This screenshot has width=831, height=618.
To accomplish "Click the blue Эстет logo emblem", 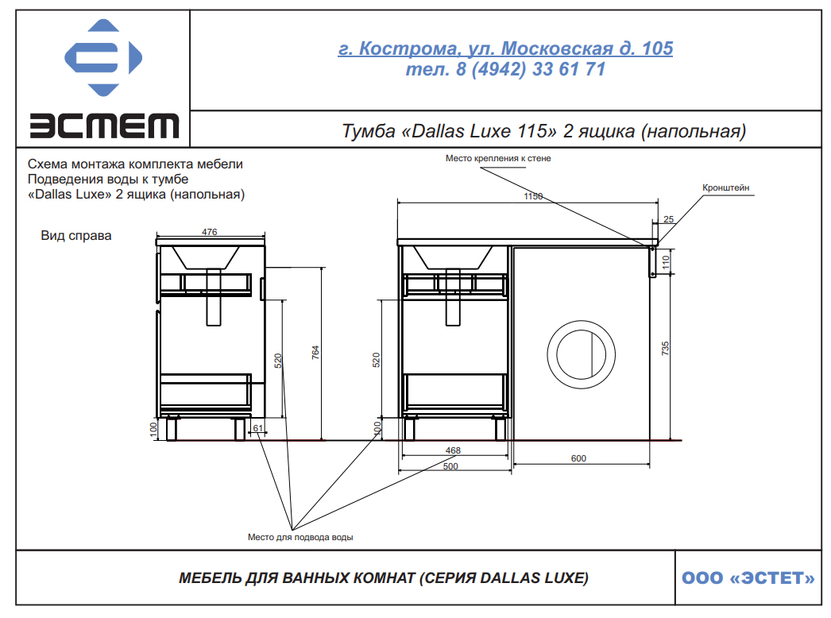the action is [103, 57].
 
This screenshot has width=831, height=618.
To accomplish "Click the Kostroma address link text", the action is [505, 48].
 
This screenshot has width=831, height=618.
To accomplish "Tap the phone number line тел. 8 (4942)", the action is [505, 69].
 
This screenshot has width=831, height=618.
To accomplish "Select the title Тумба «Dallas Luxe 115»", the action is [543, 131].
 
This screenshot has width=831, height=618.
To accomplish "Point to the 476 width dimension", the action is [210, 232].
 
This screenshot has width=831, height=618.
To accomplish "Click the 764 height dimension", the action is [315, 353].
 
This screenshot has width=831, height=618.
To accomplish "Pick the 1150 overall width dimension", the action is [533, 196].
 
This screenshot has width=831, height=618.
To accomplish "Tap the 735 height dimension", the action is [665, 348].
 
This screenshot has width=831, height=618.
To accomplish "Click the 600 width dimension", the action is [578, 458].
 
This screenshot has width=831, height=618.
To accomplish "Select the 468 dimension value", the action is [453, 450].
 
